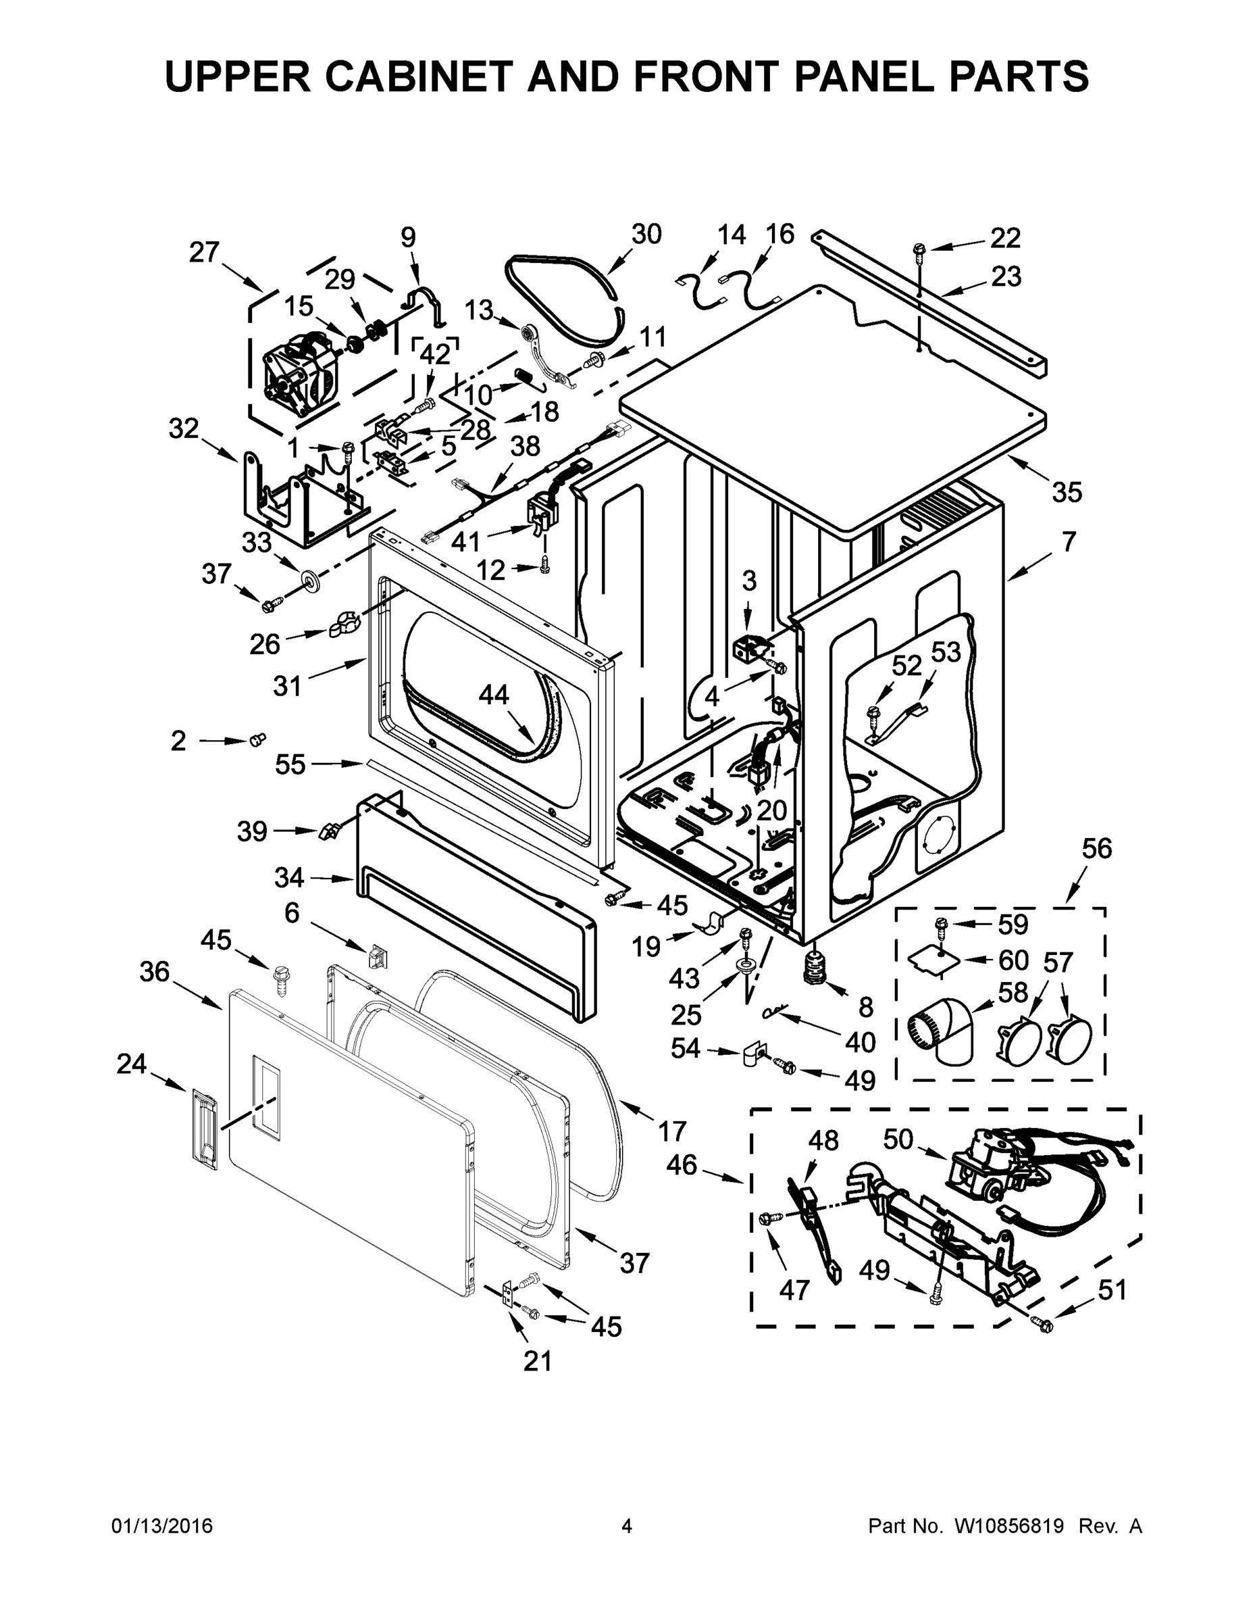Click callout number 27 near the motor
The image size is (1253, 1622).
pos(204,253)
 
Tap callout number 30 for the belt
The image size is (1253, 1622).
pos(646,234)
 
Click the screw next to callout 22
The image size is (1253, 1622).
pos(918,250)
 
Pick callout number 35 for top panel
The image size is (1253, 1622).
pos(1067,491)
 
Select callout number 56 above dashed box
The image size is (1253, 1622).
pos(1096,848)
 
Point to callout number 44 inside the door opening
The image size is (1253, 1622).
pos(494,694)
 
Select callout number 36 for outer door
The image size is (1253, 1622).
pos(155,971)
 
